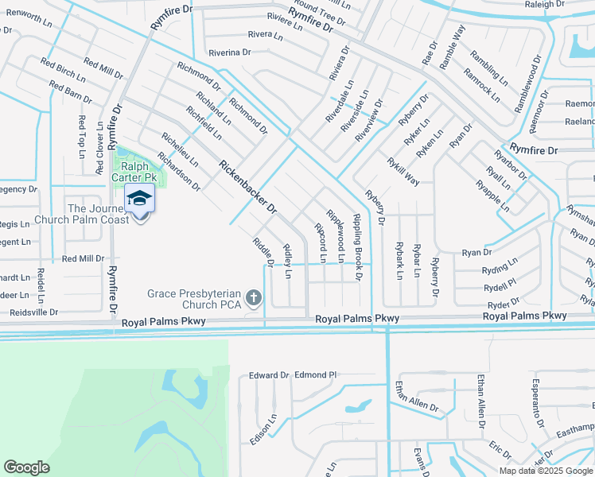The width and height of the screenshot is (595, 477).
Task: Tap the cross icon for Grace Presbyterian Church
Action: click(254, 299)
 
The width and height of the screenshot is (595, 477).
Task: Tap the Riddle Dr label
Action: click(263, 252)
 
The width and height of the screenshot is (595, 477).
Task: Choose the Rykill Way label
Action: click(403, 171)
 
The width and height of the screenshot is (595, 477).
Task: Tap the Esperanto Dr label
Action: click(537, 403)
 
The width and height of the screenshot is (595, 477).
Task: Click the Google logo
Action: click(26, 467)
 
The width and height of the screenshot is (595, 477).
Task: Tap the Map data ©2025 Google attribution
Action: click(545, 471)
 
